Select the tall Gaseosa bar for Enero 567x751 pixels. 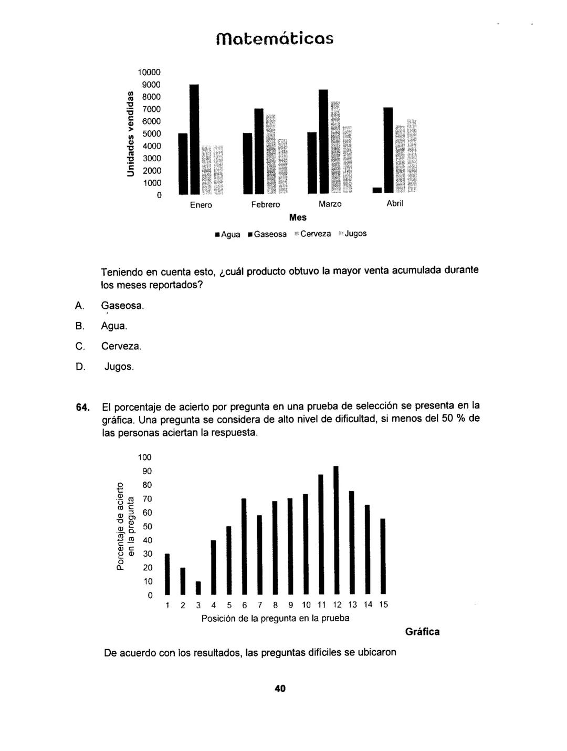pos(194,139)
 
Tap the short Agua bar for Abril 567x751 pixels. pos(376,190)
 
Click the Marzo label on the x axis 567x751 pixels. pos(330,204)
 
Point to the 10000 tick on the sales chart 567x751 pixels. pos(149,72)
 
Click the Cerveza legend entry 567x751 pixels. pos(312,234)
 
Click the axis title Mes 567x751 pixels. pos(298,217)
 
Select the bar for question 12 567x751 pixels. pos(336,530)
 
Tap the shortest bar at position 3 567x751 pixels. pos(198,588)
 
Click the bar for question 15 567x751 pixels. pos(383,556)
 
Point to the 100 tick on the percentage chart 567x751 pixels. pos(144,457)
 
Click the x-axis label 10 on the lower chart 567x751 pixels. pos(307,605)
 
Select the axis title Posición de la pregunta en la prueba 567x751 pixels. pos(275,619)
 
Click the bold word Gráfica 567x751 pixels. pos(422,632)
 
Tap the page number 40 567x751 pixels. pos(280,689)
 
